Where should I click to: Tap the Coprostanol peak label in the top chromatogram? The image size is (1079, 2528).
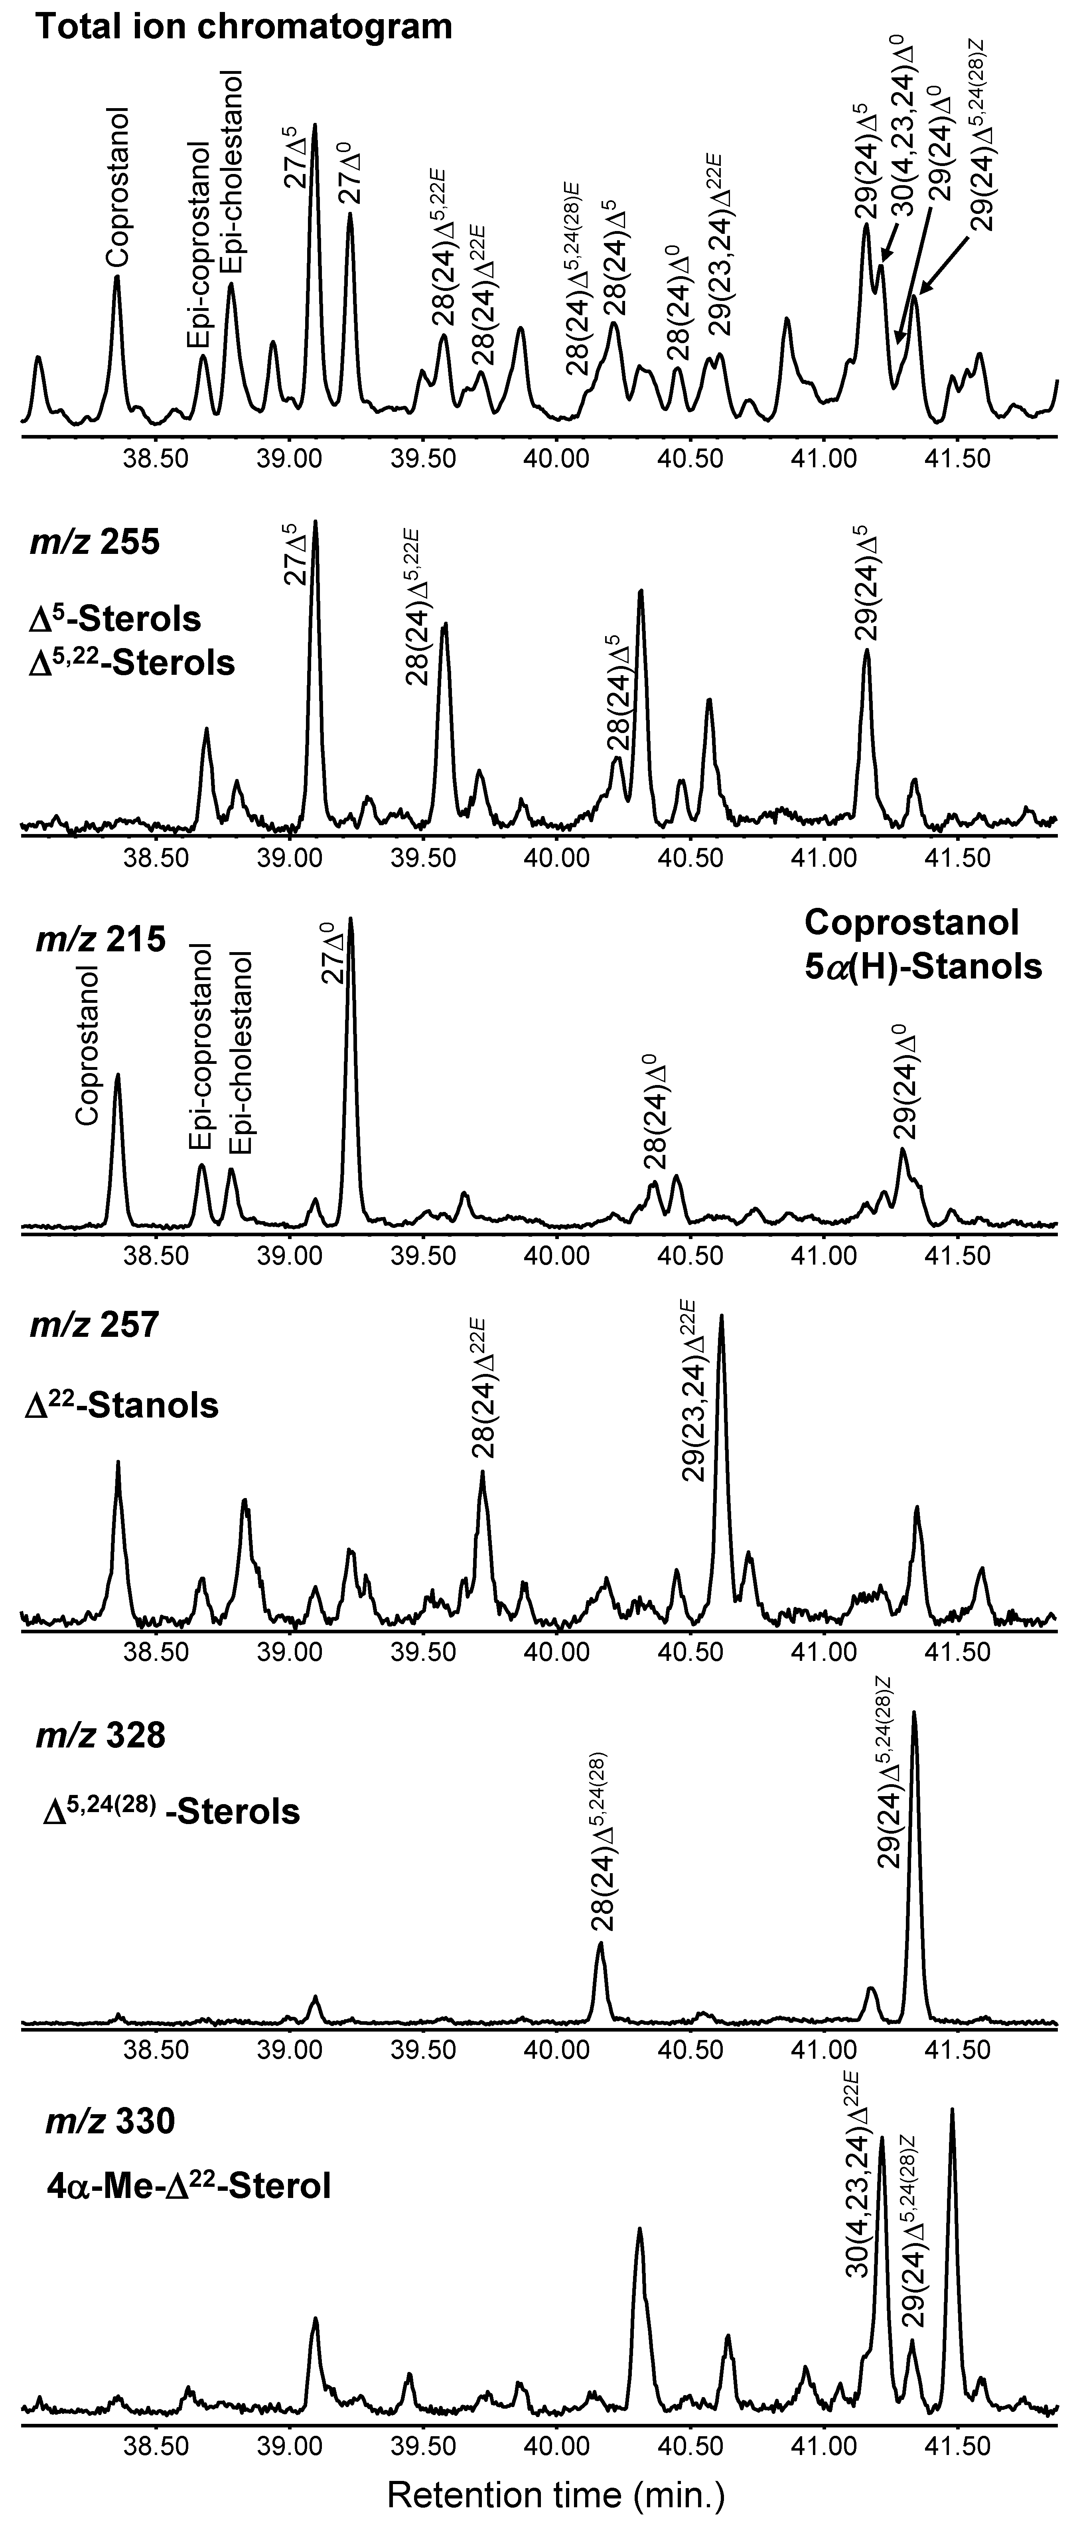[x=118, y=186]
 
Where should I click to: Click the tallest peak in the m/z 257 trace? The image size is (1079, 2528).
[x=722, y=1320]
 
